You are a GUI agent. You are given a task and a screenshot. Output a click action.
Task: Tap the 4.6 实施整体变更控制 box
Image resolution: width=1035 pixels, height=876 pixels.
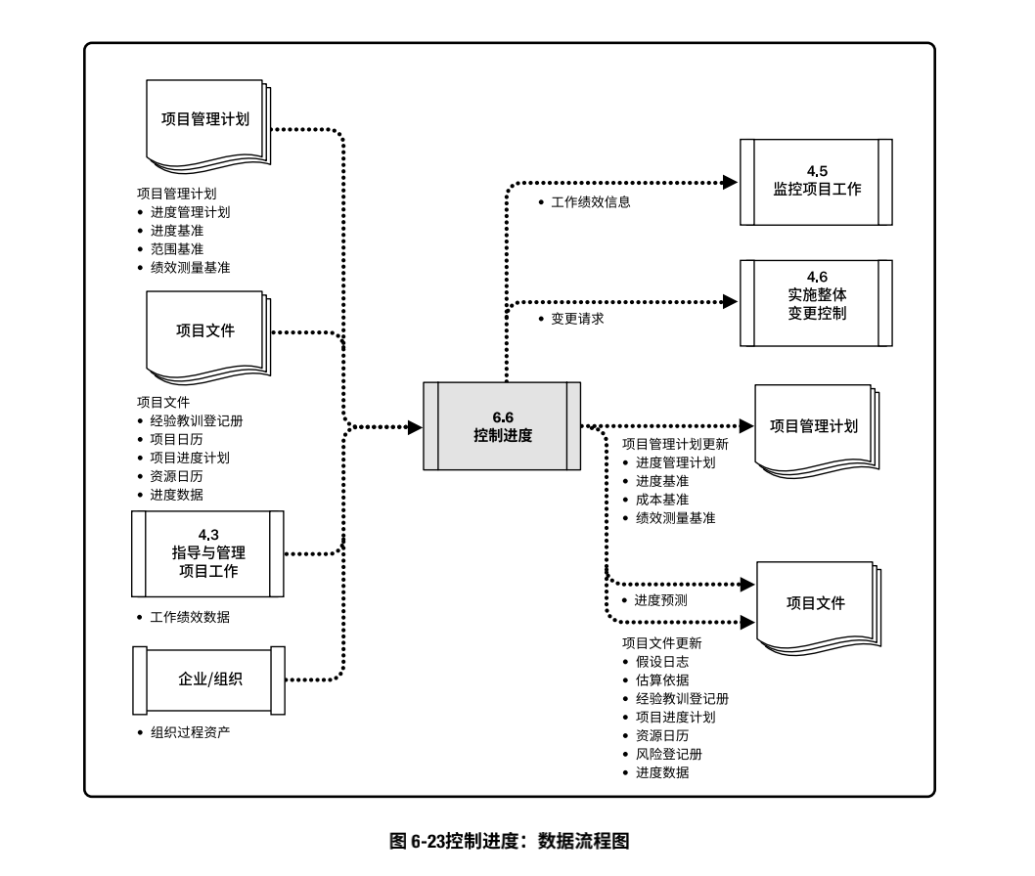[816, 304]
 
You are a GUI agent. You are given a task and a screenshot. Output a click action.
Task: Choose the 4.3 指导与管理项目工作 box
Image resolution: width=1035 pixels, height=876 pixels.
[207, 553]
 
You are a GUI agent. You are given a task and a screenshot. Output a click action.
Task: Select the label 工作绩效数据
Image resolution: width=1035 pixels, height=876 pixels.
[191, 618]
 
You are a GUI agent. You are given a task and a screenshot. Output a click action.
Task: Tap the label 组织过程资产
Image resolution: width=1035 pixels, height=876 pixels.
[191, 732]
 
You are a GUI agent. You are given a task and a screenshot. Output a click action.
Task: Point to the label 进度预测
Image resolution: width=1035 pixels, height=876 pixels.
[661, 600]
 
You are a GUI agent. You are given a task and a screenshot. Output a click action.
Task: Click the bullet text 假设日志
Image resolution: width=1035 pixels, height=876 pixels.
[661, 662]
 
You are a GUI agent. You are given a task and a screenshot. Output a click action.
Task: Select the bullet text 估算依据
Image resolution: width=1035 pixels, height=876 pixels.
[661, 680]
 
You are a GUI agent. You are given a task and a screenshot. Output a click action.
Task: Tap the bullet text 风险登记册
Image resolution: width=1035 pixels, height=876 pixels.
[668, 754]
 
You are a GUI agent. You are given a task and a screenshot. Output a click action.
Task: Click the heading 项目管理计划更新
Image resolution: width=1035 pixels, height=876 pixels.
[675, 444]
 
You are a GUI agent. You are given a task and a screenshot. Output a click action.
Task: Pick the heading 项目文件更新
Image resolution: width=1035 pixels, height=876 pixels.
[661, 643]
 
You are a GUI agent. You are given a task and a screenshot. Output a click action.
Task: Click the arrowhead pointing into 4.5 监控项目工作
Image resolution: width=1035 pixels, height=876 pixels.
[729, 181]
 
